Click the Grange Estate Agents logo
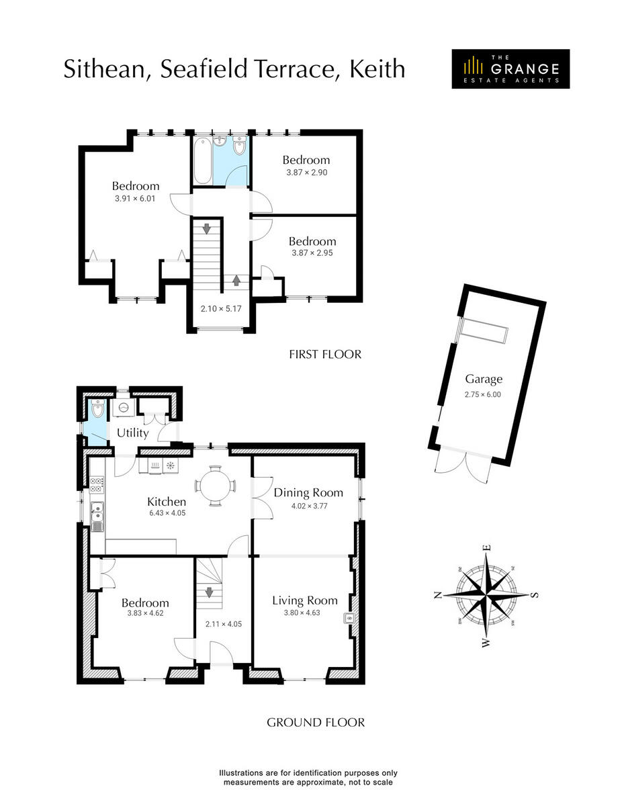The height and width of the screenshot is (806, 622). [x=510, y=69]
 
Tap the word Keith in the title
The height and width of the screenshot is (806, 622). [x=377, y=69]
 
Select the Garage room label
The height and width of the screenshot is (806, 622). [x=484, y=379]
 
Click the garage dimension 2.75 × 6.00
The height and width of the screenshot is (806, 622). [x=484, y=395]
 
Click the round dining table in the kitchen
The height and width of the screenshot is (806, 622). [x=215, y=484]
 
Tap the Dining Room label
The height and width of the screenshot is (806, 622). [x=308, y=492]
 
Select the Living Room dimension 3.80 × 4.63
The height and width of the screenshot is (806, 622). [x=304, y=613]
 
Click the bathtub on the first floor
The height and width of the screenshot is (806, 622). [x=202, y=161]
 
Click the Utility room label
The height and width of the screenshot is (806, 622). [x=132, y=433]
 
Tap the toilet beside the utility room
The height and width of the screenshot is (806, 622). [x=98, y=410]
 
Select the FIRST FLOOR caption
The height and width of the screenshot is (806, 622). [x=325, y=354]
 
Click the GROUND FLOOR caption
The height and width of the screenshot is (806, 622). [x=316, y=723]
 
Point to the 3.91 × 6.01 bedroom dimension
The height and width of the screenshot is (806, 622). [x=135, y=199]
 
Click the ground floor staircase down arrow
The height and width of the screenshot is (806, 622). [x=209, y=593]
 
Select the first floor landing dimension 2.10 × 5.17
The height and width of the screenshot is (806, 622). [x=221, y=310]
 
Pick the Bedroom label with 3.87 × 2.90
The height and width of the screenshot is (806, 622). [x=306, y=160]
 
